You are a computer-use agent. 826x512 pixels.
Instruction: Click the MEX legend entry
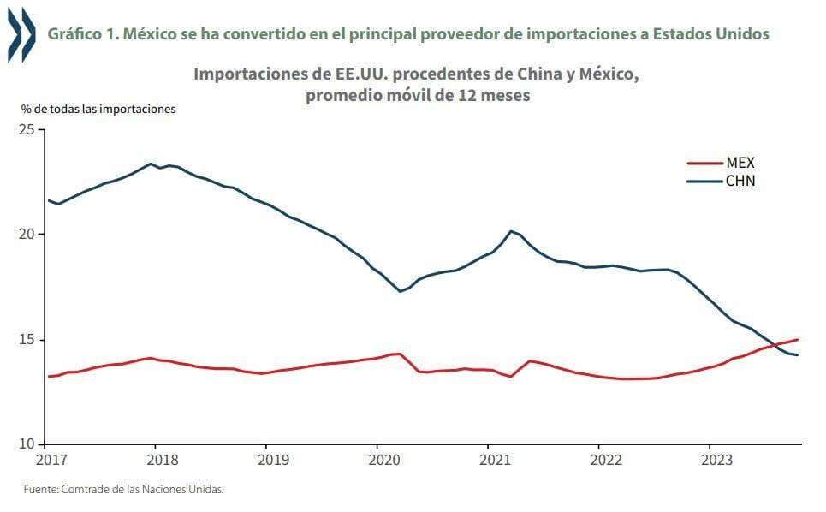[x=740, y=163]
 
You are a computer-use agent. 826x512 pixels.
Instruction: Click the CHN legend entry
[x=740, y=181]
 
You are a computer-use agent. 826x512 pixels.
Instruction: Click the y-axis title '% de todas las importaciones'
[x=98, y=109]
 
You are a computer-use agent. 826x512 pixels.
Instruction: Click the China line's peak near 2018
[x=151, y=164]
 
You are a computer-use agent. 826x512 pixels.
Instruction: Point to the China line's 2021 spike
[x=511, y=231]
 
